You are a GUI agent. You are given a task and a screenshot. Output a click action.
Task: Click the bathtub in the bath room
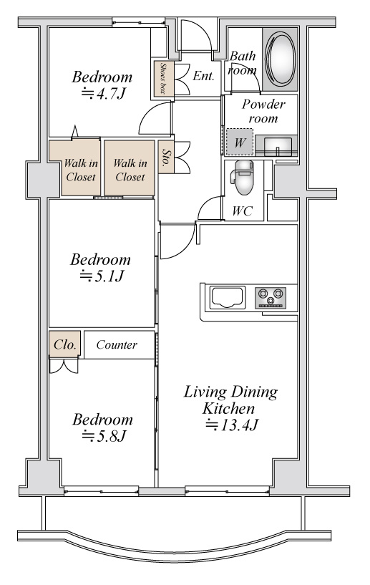[280, 59]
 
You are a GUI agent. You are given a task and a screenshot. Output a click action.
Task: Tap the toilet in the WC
[243, 178]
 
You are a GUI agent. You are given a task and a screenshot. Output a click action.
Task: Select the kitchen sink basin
[227, 297]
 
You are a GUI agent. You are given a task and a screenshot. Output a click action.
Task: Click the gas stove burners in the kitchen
[271, 297]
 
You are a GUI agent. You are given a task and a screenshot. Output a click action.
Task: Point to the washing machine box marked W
[240, 142]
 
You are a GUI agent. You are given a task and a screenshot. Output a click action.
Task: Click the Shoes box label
[162, 78]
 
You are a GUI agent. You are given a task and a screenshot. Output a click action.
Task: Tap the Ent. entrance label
[204, 76]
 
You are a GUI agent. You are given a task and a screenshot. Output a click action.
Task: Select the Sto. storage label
[166, 158]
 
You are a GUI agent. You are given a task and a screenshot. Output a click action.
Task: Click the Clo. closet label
[65, 344]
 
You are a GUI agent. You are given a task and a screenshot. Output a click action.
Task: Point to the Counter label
[117, 344]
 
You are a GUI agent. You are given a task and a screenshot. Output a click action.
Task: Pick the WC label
[242, 211]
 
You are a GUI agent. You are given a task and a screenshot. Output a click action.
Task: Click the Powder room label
[263, 111]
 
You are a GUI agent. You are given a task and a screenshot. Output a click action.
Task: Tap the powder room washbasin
[278, 145]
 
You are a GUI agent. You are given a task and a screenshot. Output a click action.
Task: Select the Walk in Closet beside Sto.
[130, 170]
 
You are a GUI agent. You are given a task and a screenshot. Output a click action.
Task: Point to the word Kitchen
[228, 408]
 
